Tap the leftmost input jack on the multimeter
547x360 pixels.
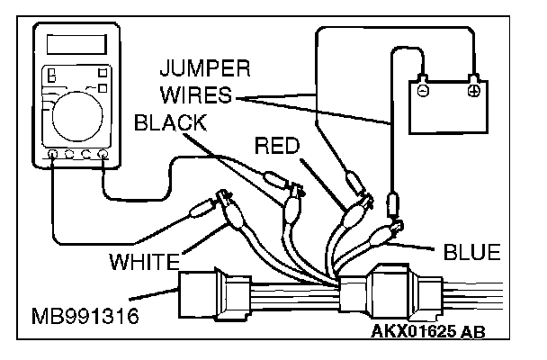coord(53,155)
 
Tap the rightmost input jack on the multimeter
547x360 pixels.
coord(103,155)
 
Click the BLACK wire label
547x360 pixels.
coord(175,123)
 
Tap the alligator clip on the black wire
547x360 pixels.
coord(292,204)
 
